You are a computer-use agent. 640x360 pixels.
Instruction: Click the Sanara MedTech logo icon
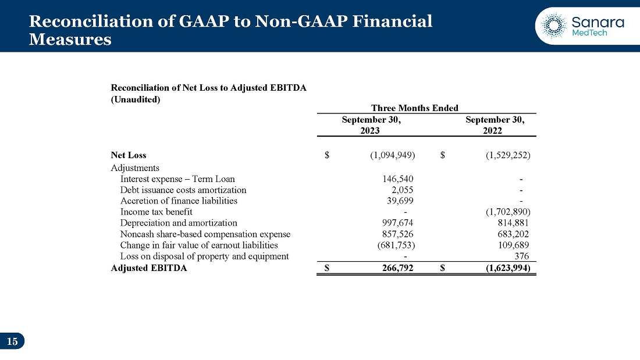(x=554, y=26)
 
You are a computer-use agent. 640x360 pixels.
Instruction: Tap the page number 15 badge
(x=12, y=341)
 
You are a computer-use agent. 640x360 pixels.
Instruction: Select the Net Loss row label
(x=129, y=155)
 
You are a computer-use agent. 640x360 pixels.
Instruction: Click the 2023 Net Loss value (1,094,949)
(x=393, y=155)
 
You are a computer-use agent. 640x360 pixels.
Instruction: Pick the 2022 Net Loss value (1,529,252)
(x=508, y=155)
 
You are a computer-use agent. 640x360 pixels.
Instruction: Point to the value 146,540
(x=398, y=179)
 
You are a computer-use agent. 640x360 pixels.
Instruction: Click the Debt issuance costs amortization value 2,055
(x=403, y=190)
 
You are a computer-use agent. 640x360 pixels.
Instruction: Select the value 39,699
(x=400, y=201)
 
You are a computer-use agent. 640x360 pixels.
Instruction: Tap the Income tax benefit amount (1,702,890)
(x=508, y=212)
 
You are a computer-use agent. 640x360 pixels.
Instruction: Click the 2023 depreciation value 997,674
(x=398, y=223)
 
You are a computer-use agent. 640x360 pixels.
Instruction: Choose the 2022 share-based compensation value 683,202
(x=513, y=234)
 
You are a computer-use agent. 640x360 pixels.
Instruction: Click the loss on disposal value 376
(x=522, y=256)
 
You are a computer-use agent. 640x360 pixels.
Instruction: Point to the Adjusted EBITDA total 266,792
(x=398, y=268)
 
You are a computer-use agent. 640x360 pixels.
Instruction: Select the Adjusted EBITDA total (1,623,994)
(x=508, y=268)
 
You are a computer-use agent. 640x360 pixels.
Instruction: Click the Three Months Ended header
(x=415, y=108)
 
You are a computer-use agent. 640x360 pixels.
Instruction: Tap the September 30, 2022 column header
(x=495, y=125)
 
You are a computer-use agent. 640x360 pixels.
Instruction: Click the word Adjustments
(x=135, y=168)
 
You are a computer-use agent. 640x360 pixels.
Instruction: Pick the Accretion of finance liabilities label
(x=179, y=201)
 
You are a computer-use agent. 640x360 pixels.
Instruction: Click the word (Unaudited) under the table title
(x=136, y=99)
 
